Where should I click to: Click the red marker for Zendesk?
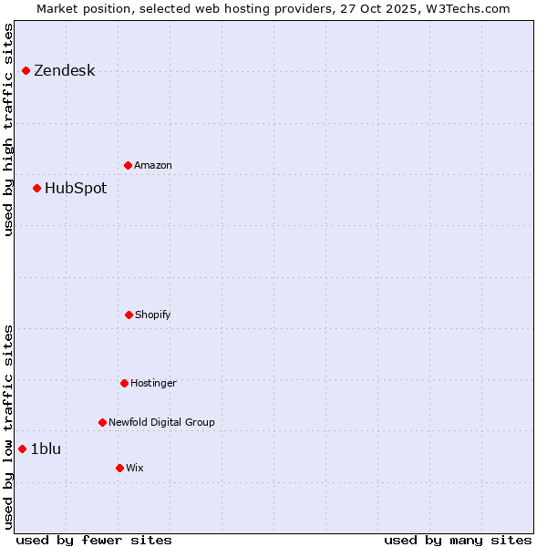tap(26, 70)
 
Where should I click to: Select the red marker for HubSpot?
tap(36, 188)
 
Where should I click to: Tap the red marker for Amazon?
tap(128, 165)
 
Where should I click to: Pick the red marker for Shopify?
tap(129, 315)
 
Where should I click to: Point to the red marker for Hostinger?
tap(124, 383)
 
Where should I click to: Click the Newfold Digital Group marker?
tap(102, 422)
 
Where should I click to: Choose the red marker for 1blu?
tap(22, 449)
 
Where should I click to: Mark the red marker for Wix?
tap(119, 468)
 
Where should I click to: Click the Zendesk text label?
tap(64, 71)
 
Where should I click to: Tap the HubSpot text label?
tap(76, 189)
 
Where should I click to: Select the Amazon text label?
tap(153, 166)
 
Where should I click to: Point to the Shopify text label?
tap(153, 315)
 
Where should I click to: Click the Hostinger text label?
tap(153, 384)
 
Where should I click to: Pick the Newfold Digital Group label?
tap(161, 423)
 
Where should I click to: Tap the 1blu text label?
tap(46, 449)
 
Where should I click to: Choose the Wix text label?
tap(135, 469)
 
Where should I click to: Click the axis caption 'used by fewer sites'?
tap(94, 540)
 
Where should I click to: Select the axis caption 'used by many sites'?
tap(458, 540)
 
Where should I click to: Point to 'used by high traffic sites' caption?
tap(9, 129)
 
